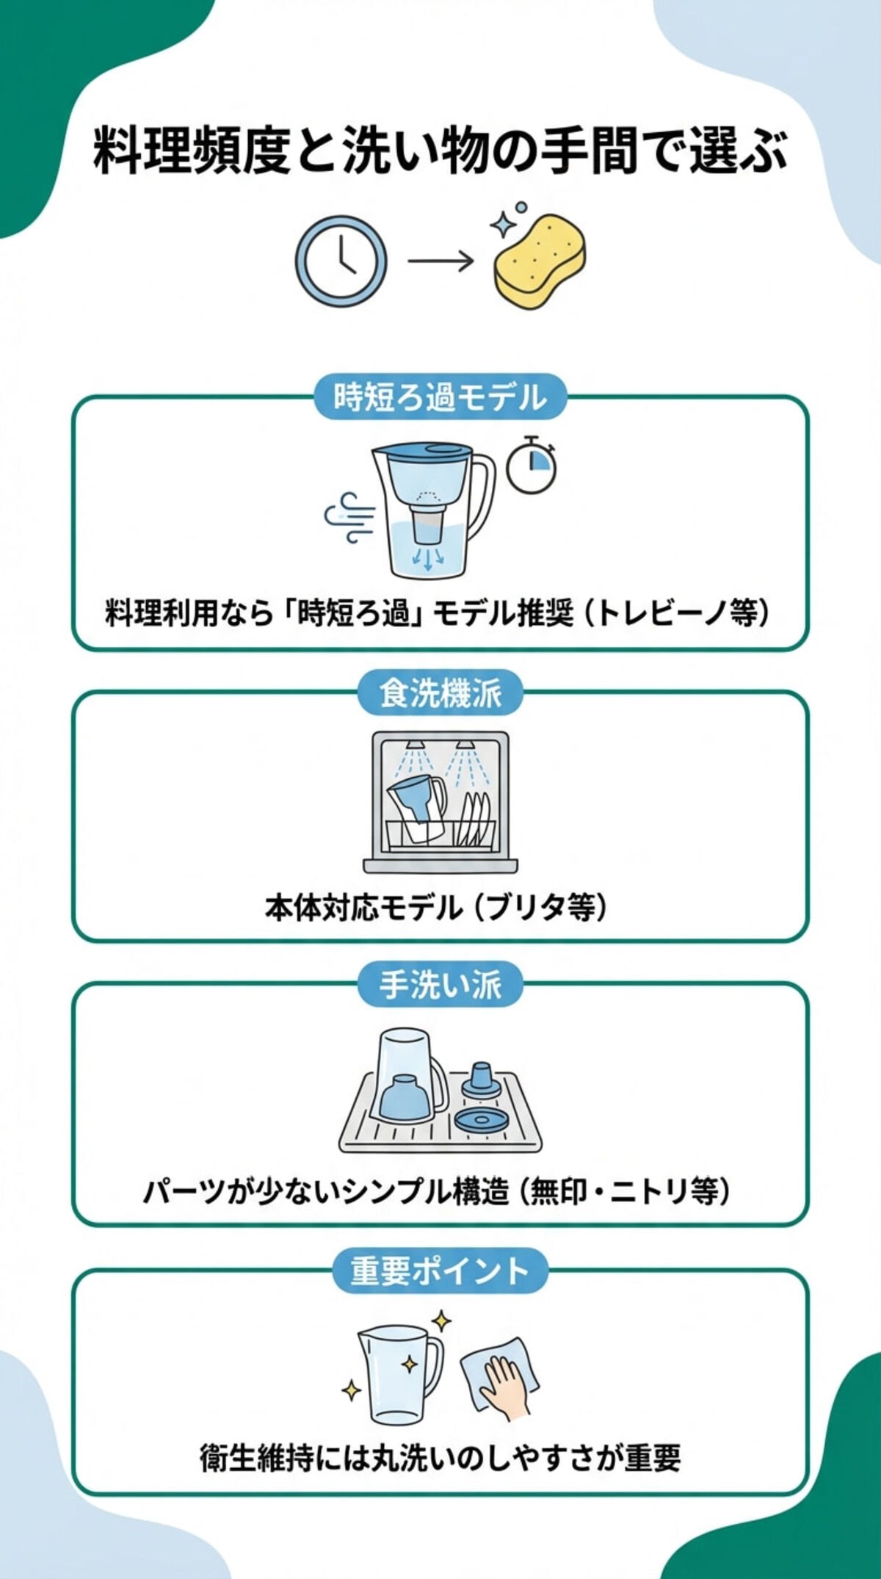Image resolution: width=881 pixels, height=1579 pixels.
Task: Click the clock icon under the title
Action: coord(341,261)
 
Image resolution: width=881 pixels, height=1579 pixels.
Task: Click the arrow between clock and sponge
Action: coord(440,261)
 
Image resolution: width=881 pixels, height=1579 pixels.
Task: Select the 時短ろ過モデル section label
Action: coord(440,397)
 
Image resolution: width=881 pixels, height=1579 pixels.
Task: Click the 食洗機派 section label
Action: coord(440,693)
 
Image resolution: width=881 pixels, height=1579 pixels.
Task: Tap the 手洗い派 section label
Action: coord(440,984)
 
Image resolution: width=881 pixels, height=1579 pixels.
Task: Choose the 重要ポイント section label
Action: coord(440,1271)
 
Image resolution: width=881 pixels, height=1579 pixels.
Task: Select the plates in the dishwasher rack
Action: coord(476,819)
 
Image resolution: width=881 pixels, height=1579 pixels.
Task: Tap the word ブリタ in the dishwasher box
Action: coord(526,908)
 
